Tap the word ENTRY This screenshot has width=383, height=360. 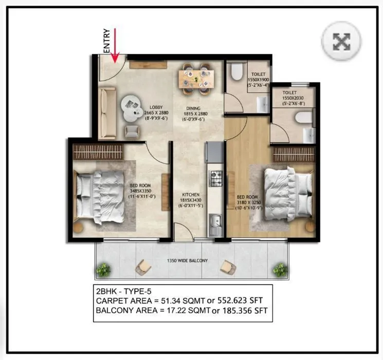click(x=107, y=41)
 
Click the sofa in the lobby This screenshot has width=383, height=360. click(x=108, y=113)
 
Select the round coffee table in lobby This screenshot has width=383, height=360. click(x=130, y=105)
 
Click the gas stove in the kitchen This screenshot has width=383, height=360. click(x=215, y=179)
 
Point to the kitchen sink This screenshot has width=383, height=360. click(x=215, y=222)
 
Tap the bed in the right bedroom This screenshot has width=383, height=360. click(x=288, y=188)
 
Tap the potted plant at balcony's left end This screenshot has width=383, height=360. click(x=104, y=269)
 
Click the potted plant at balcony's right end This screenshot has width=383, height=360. click(x=280, y=269)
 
